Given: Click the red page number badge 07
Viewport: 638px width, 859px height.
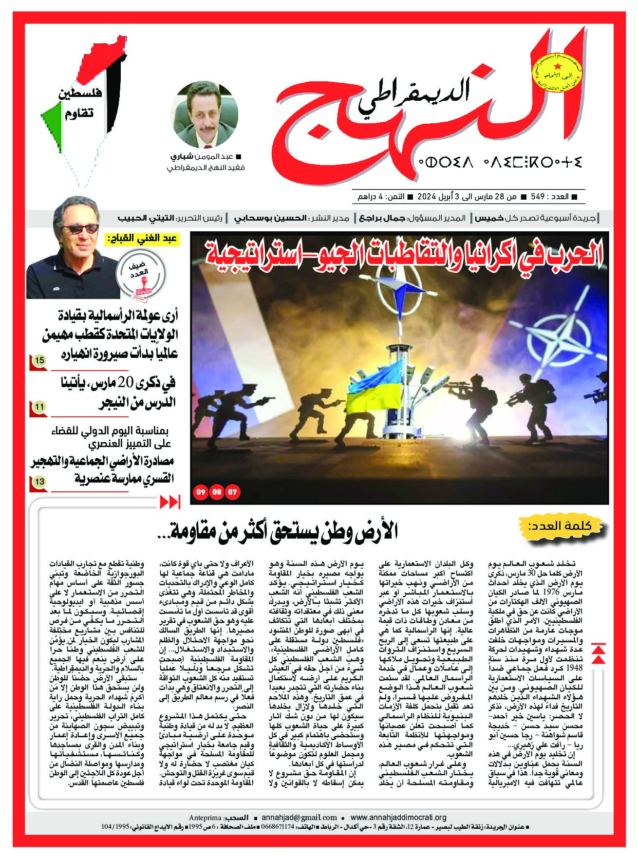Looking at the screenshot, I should click(x=233, y=492).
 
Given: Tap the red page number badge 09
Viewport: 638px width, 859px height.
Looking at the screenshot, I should click(x=200, y=492).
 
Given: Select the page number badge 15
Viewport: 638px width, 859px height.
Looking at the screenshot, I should click(x=39, y=361).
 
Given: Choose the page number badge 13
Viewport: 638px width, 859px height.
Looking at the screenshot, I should click(x=39, y=482).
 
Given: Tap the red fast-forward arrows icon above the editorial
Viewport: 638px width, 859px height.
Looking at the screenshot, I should click(x=170, y=502).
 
